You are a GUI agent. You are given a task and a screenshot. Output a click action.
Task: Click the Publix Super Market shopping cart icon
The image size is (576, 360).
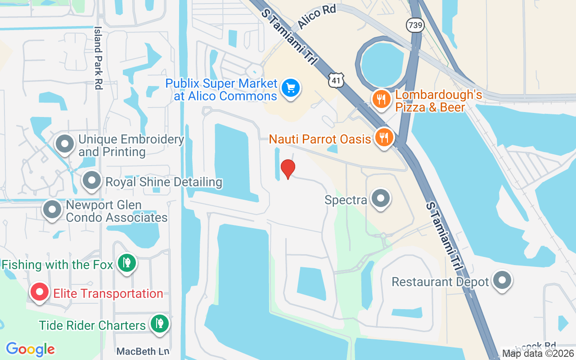(x=291, y=87)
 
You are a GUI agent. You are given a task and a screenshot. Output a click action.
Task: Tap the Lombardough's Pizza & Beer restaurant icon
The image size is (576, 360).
(x=382, y=99)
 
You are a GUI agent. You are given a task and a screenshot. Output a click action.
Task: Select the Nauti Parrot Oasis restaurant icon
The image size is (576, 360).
(x=384, y=137)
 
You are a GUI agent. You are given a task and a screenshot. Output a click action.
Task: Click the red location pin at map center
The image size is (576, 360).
(x=288, y=169)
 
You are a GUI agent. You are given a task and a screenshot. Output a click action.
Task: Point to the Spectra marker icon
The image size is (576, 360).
(x=381, y=198)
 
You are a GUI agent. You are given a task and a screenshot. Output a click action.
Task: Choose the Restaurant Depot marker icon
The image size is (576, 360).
(x=502, y=281)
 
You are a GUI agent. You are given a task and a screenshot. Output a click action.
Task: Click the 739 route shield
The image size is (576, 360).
(x=414, y=25)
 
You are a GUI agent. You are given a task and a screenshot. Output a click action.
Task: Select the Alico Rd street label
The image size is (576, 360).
(x=317, y=18)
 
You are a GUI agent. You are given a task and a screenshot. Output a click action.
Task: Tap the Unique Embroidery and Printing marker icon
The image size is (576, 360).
(x=65, y=144)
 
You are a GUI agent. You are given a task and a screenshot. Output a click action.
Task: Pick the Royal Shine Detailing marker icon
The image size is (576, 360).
(x=92, y=181)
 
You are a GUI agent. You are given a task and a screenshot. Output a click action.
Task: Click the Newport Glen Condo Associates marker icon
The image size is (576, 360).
(x=53, y=210)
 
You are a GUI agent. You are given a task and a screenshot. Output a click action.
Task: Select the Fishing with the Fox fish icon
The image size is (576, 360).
(x=127, y=264)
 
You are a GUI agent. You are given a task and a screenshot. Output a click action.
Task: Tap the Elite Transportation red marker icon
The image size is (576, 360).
(x=40, y=292)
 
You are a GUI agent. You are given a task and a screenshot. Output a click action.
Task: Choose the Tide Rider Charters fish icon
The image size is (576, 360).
(x=159, y=324)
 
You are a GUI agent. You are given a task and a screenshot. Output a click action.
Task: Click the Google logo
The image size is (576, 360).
(x=31, y=349)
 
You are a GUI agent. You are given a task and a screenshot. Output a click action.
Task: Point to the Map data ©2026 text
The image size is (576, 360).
(x=538, y=353)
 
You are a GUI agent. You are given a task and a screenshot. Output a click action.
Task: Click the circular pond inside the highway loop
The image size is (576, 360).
(x=382, y=65)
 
